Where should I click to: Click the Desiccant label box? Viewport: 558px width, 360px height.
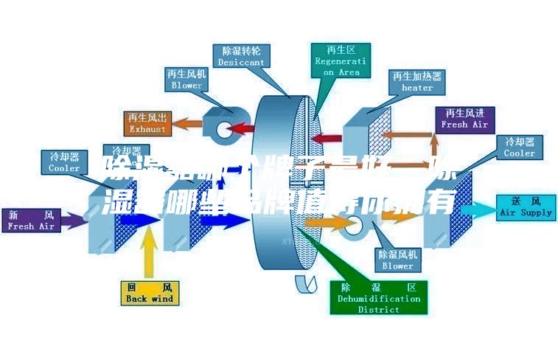pyautogui.click(x=241, y=56)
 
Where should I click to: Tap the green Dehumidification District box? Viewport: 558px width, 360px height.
pyautogui.click(x=378, y=298)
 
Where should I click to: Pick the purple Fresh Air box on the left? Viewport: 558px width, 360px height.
pyautogui.click(x=30, y=220)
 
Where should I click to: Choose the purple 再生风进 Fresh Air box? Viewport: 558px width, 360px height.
pyautogui.click(x=464, y=118)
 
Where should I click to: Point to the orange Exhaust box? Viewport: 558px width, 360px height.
pyautogui.click(x=148, y=123)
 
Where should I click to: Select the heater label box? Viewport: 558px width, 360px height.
pyautogui.click(x=416, y=81)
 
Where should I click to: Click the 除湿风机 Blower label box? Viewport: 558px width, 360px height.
pyautogui.click(x=397, y=260)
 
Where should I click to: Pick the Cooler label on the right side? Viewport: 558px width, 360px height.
pyautogui.click(x=519, y=148)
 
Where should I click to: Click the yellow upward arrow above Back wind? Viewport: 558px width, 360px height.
pyautogui.click(x=149, y=255)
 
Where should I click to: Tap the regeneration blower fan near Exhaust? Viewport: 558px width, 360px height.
pyautogui.click(x=222, y=125)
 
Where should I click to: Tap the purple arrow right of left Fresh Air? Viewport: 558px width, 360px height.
pyautogui.click(x=73, y=219)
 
